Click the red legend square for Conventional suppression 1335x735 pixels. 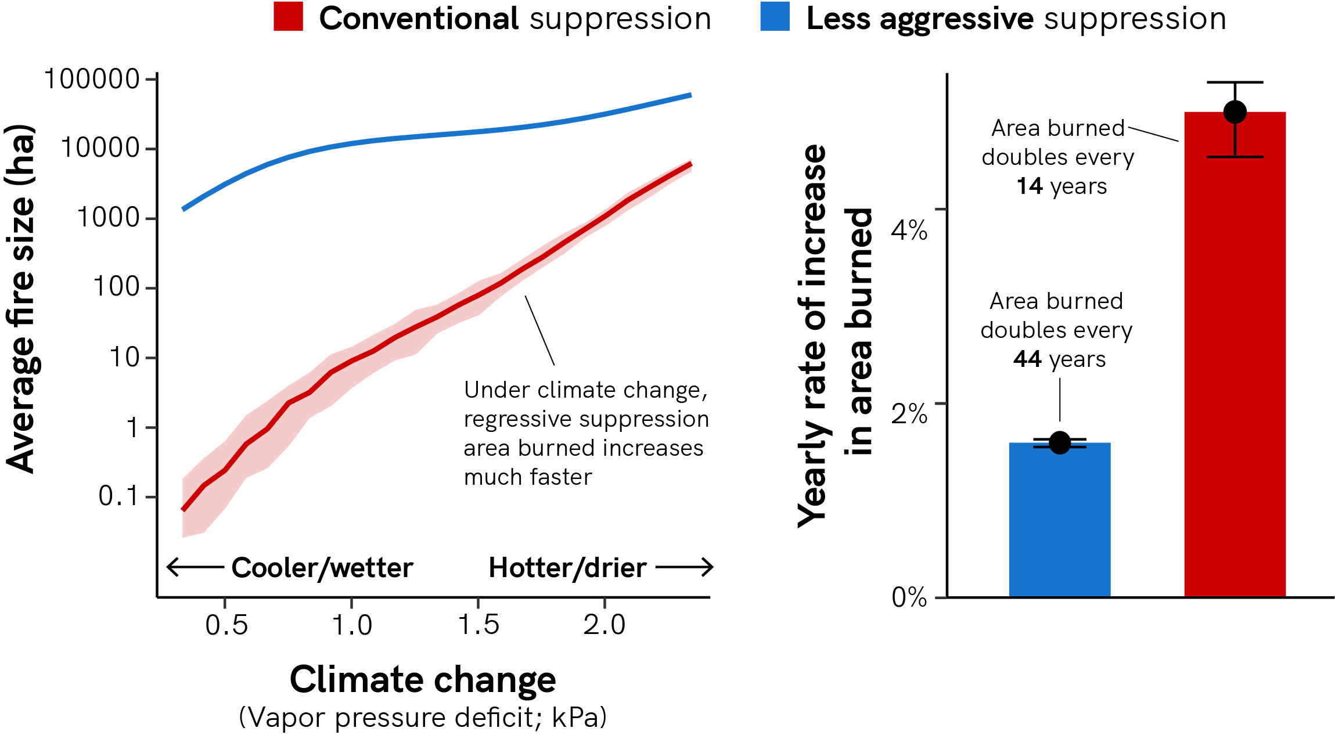[288, 16]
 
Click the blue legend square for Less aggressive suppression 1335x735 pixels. [775, 16]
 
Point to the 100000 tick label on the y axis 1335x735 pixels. [92, 79]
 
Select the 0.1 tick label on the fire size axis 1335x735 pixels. [119, 496]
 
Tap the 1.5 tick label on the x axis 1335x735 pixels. [478, 625]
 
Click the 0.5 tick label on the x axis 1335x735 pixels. [226, 625]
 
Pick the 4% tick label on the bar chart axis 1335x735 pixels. [909, 230]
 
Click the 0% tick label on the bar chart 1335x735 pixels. [909, 597]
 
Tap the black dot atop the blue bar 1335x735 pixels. [1060, 443]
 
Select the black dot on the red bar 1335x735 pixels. [1235, 112]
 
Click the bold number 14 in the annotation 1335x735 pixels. [1030, 186]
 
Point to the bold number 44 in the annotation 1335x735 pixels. [1027, 359]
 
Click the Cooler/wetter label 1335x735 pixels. [322, 567]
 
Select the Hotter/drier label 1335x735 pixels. [567, 567]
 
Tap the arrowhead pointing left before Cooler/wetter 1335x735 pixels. [172, 567]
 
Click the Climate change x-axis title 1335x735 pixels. [423, 679]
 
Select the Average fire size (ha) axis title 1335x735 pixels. [20, 299]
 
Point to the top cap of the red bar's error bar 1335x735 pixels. [1235, 82]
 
